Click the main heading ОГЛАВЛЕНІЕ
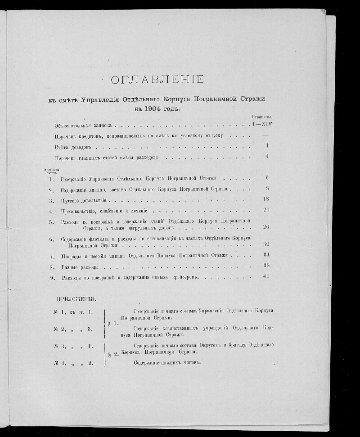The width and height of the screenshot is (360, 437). pyautogui.click(x=157, y=80)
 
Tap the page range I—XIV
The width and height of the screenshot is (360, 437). pyautogui.click(x=262, y=124)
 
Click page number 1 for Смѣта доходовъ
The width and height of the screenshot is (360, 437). pyautogui.click(x=267, y=145)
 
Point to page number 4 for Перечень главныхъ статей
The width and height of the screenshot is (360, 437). pyautogui.click(x=267, y=156)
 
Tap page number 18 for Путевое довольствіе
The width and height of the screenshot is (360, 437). pyautogui.click(x=265, y=198)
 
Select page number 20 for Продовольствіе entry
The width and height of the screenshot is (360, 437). pyautogui.click(x=265, y=209)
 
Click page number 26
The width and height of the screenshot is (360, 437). pyautogui.click(x=265, y=226)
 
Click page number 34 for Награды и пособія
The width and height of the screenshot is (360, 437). pyautogui.click(x=265, y=255)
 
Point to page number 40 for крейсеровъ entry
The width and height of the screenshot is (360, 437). pyautogui.click(x=265, y=276)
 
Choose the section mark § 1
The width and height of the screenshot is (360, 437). pyautogui.click(x=112, y=323)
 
